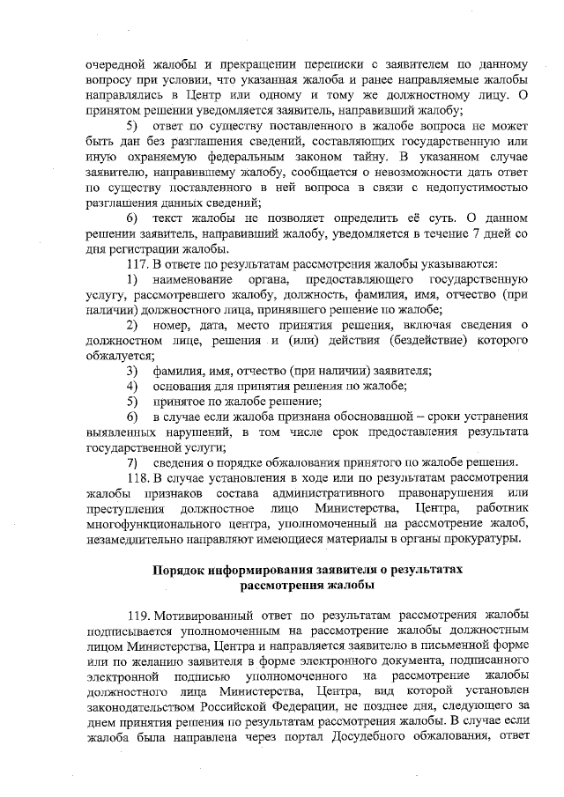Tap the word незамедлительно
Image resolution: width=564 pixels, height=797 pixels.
[136, 538]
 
